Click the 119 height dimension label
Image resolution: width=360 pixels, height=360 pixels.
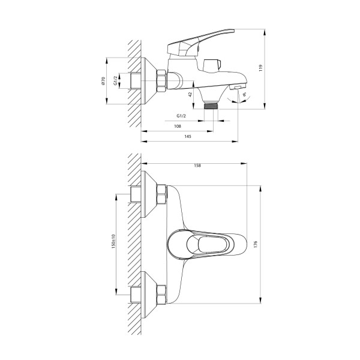[x=260, y=68]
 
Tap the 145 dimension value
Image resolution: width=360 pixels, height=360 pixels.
[x=188, y=136]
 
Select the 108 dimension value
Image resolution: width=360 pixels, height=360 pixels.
[x=178, y=126]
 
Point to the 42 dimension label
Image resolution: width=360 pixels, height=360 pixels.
[x=190, y=94]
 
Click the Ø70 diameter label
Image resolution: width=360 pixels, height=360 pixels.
[x=103, y=81]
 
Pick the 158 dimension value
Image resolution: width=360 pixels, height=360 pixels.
[x=197, y=166]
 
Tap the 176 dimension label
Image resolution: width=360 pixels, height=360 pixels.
[x=256, y=244]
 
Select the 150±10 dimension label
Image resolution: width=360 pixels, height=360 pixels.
[x=113, y=242]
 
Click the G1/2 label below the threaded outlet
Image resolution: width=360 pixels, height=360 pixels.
[x=181, y=116]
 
